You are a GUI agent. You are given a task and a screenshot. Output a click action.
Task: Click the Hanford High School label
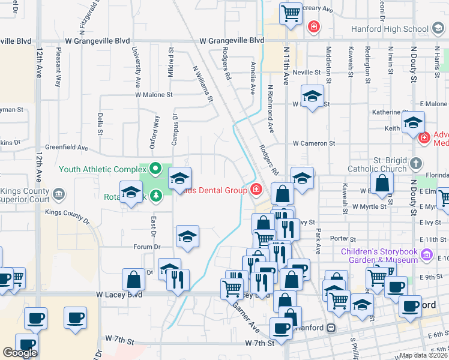(391, 29)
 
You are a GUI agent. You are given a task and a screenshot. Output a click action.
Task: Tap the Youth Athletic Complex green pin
(155, 169)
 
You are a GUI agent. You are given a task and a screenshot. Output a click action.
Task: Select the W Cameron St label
(313, 143)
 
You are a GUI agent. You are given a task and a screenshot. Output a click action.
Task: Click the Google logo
(20, 353)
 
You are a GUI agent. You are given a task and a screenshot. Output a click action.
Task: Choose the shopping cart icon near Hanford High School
(291, 13)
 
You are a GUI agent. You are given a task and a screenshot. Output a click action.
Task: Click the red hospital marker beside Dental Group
(256, 190)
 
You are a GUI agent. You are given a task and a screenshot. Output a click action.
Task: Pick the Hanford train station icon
(331, 328)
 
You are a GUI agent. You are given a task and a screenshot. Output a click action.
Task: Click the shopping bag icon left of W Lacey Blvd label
(133, 280)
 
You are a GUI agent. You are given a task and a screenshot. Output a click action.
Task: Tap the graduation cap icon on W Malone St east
(312, 97)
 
